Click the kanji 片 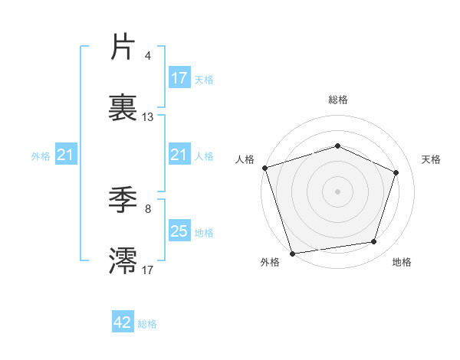coord(123,48)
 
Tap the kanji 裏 coord(123,108)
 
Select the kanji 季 coord(123,200)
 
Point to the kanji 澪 coord(123,260)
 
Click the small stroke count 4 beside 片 coord(147,56)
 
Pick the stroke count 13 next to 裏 coord(148,117)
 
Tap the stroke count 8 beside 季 coord(147,208)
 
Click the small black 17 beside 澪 coord(148,269)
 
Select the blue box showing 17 coord(179,78)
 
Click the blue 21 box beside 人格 coord(179,155)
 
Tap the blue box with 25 coord(179,231)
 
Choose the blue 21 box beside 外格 coord(66,155)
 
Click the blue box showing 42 coord(123,322)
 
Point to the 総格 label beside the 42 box coord(147,324)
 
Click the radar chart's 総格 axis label coord(337,100)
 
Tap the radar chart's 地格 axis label coord(402,263)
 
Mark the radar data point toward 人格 coord(264,168)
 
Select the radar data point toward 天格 coord(396,172)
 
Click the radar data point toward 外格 coord(292,253)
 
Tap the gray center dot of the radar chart coord(337,191)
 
